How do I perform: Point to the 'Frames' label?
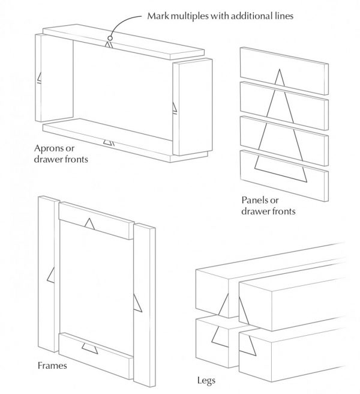[52, 365]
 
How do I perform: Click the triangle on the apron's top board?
[108, 44]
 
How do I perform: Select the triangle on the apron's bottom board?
[109, 142]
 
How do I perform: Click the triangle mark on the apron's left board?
[39, 77]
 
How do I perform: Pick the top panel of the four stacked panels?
[284, 62]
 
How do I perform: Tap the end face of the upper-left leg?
[217, 295]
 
